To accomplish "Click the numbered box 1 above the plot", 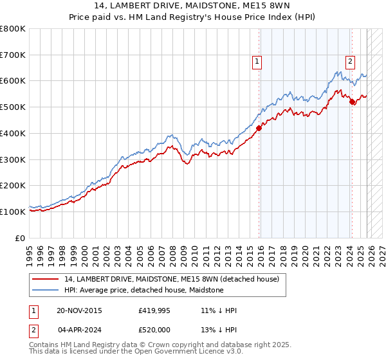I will (257, 62).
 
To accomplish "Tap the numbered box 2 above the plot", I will (350, 62).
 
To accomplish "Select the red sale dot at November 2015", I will (259, 128).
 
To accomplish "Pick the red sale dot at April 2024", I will (353, 102).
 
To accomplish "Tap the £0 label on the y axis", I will (21, 238).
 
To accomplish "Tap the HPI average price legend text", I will (143, 290).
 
